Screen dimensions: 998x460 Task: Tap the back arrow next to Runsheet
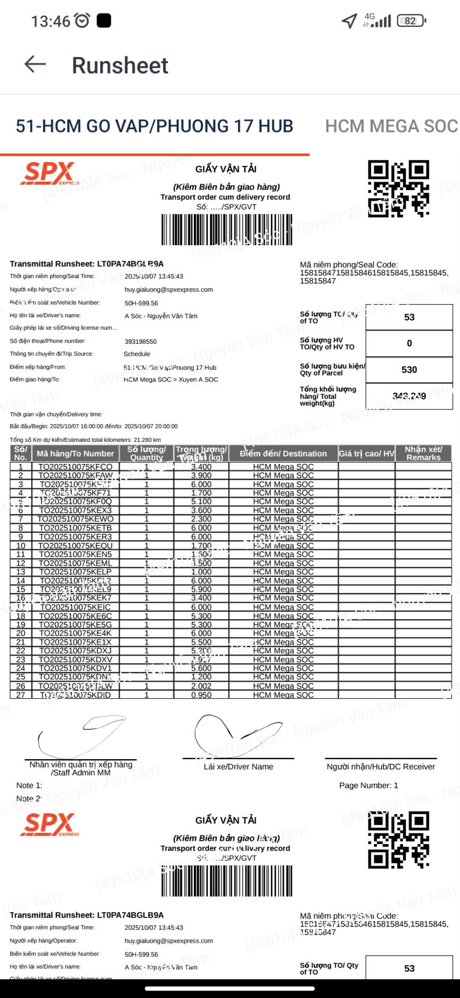tap(35, 65)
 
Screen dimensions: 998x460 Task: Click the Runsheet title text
tap(120, 66)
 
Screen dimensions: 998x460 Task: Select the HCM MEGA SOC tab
tap(391, 126)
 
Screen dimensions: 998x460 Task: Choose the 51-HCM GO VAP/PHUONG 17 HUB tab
tap(154, 126)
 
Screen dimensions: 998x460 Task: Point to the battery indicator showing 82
tap(411, 21)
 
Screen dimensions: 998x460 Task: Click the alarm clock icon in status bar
tap(82, 21)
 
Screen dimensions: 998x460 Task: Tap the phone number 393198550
tap(141, 342)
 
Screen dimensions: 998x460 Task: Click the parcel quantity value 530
tap(409, 370)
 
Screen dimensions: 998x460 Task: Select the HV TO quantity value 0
tap(409, 343)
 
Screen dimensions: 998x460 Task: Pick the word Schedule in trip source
tap(137, 354)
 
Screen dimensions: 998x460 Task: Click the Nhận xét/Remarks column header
tap(423, 453)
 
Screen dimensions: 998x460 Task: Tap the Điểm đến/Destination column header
tap(283, 453)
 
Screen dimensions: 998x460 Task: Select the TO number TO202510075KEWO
tap(75, 519)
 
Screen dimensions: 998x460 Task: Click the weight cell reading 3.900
tap(201, 476)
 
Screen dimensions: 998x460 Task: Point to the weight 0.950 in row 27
tap(201, 695)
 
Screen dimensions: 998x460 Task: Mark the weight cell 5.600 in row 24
tap(201, 669)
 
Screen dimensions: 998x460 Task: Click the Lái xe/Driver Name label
tap(238, 767)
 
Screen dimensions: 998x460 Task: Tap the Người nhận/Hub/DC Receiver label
tap(381, 767)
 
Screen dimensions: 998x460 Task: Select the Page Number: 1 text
tap(368, 785)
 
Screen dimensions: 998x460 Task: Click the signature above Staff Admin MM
tap(82, 736)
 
